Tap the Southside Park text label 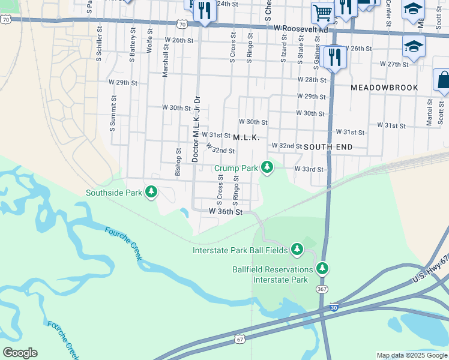click(x=113, y=193)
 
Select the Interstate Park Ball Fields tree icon click(x=297, y=249)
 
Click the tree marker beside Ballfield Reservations click(x=322, y=268)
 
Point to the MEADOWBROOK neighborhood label click(x=384, y=88)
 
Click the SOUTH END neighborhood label click(x=328, y=146)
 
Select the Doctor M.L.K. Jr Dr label click(x=195, y=128)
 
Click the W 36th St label click(x=226, y=212)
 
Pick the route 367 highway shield click(x=322, y=289)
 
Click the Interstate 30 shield click(x=334, y=308)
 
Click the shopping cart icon click(x=322, y=11)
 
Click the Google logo click(x=20, y=353)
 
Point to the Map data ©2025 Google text click(x=411, y=355)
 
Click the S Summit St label click(x=112, y=117)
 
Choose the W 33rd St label click(x=309, y=170)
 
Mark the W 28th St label click(x=312, y=80)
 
